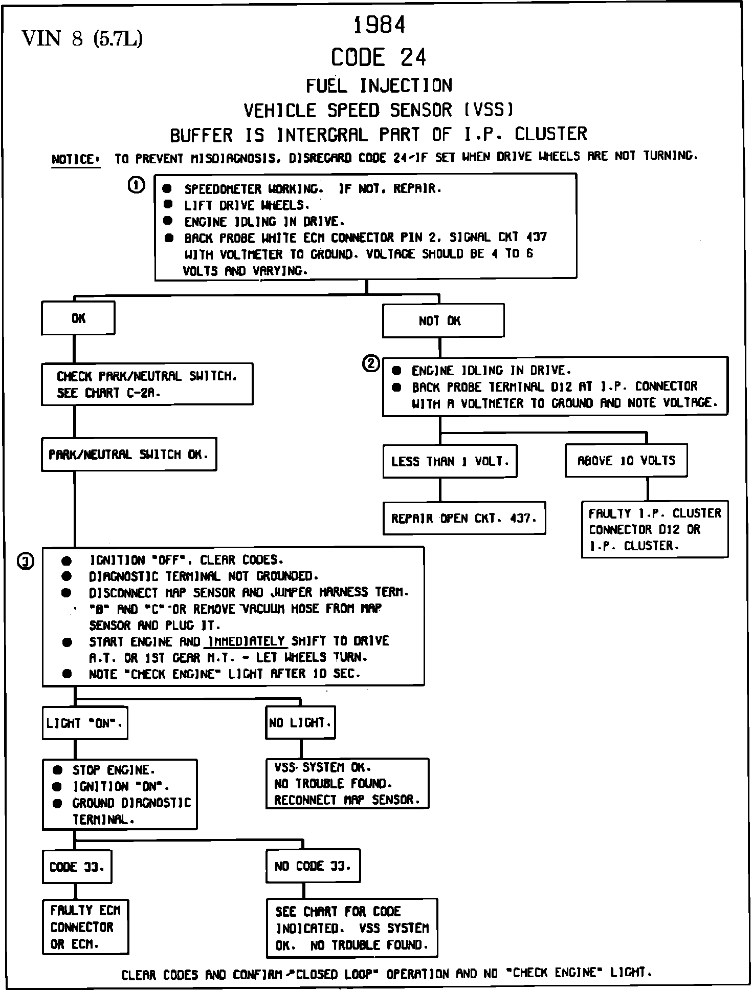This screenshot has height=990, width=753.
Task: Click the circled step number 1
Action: (x=136, y=185)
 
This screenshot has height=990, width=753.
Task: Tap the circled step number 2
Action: (x=371, y=364)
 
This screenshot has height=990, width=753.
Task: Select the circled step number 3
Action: (x=26, y=562)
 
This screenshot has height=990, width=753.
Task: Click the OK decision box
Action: (x=78, y=318)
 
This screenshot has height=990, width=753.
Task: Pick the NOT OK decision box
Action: (x=443, y=321)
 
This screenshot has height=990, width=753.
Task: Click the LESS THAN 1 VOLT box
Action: (x=450, y=461)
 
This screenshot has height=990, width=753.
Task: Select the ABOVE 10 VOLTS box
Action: (x=626, y=461)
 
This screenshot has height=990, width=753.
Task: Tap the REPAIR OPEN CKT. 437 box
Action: (x=464, y=518)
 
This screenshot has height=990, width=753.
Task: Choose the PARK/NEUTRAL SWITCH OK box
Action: (x=129, y=454)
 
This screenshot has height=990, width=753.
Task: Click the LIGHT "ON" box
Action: (x=85, y=723)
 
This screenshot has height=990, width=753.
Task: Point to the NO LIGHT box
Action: (x=300, y=723)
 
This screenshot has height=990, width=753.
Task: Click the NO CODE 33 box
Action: (x=313, y=866)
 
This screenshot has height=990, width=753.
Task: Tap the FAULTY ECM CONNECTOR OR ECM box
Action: (x=85, y=927)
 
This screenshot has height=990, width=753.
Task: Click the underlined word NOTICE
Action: (x=75, y=160)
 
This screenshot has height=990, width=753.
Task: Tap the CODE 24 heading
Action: (x=378, y=57)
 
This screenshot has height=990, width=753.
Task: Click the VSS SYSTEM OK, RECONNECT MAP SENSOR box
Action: (x=347, y=784)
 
